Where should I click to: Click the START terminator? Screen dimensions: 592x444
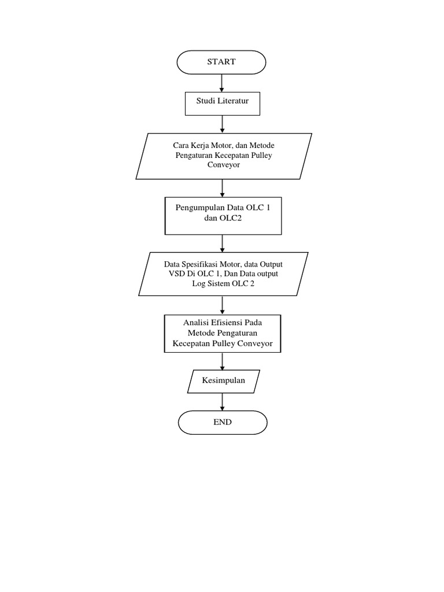(x=221, y=62)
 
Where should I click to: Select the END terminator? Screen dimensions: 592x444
(x=221, y=422)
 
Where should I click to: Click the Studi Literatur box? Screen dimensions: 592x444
(x=222, y=104)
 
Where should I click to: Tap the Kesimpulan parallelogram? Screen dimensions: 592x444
(x=223, y=380)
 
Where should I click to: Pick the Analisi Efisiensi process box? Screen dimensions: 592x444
(x=223, y=334)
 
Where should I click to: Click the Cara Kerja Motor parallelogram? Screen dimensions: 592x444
(x=223, y=156)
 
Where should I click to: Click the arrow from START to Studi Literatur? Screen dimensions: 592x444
(x=222, y=83)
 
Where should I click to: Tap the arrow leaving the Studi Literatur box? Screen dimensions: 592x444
(x=222, y=124)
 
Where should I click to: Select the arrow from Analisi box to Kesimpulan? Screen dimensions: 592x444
(x=222, y=361)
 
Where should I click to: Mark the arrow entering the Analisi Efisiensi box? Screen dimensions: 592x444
(x=222, y=305)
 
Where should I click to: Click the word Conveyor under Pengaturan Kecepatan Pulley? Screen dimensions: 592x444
(x=223, y=165)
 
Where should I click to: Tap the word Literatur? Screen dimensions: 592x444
(x=235, y=104)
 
